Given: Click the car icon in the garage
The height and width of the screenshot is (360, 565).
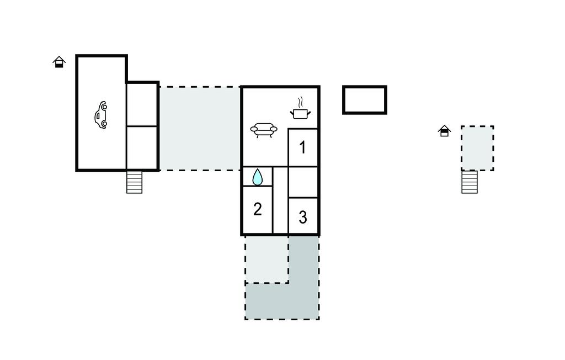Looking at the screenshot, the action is point(102,115).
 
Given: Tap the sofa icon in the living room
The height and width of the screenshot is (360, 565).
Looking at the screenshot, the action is point(264,130).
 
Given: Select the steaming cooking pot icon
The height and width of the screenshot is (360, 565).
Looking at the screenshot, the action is point(300,108).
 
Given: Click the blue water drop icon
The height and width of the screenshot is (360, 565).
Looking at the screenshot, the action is point(257,177).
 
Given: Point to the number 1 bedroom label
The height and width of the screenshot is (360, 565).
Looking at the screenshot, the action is point(303,147).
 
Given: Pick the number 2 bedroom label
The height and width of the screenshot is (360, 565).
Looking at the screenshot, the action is point(257,209).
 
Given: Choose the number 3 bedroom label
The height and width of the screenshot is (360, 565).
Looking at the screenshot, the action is point(303,217).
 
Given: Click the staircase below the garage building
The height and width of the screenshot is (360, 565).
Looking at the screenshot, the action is point(135,182).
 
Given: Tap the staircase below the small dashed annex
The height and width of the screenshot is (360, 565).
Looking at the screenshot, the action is point(470,182).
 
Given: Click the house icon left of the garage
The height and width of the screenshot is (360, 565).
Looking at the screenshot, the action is point(59,62).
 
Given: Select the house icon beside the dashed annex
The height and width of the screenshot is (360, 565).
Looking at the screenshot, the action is point(445,130).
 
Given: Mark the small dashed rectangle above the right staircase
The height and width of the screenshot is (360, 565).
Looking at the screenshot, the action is point(477,148).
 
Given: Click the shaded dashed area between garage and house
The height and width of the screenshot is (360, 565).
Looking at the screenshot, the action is point(200,129).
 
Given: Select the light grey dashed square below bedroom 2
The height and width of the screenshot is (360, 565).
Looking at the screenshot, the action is point(266,259).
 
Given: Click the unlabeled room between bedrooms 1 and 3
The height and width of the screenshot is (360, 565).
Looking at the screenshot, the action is point(303,182).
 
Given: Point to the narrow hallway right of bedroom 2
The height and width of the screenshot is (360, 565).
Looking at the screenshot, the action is point(280,200).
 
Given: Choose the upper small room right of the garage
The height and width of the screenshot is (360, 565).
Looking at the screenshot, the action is point(142,104).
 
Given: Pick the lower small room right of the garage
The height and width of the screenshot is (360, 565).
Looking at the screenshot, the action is point(142,147).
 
